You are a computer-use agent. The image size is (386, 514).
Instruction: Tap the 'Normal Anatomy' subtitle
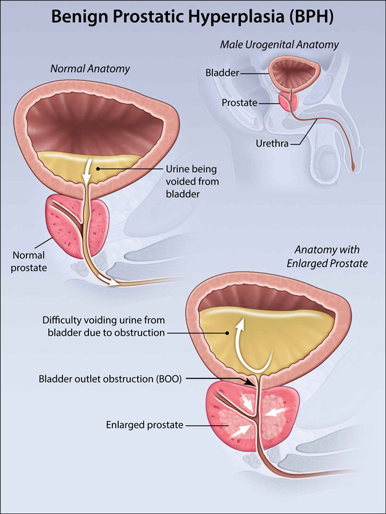point(90,68)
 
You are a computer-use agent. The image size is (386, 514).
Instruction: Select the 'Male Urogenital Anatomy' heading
point(279,44)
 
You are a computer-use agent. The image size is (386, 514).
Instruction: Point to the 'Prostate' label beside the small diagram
point(240,103)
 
